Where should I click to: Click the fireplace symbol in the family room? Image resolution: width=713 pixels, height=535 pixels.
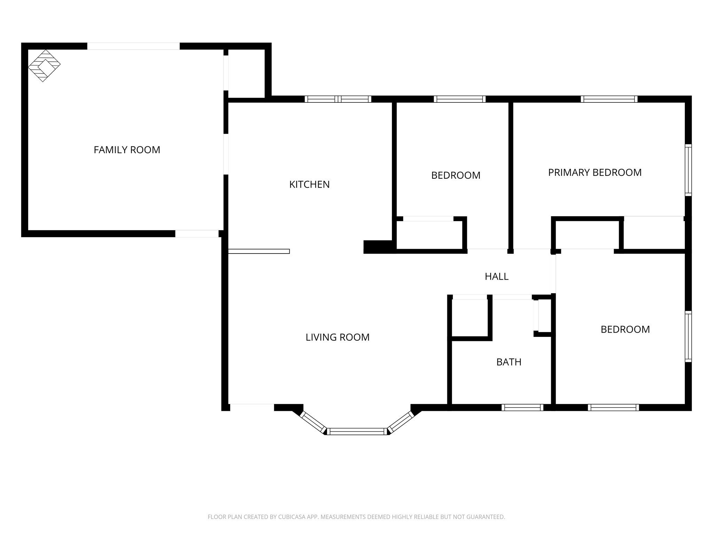point(44,65)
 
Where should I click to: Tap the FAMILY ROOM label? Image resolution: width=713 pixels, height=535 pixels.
point(127,150)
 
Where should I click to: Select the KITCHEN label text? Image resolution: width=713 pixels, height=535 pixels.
point(309,184)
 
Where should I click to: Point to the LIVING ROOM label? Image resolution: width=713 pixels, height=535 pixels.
point(337,337)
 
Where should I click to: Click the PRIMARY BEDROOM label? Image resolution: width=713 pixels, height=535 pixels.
point(595,172)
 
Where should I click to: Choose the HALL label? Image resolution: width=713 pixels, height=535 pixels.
point(496,277)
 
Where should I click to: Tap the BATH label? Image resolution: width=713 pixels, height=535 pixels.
point(509,362)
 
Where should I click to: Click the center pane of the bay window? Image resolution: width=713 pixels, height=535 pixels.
point(357,432)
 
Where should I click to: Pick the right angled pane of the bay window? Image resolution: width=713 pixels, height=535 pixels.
point(401,422)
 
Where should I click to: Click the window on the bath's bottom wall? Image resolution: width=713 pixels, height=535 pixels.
point(522,408)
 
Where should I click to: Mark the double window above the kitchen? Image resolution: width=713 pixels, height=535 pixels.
point(338,99)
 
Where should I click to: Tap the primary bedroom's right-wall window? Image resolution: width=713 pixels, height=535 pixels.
point(688,170)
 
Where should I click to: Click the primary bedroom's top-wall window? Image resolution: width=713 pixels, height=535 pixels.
point(609,99)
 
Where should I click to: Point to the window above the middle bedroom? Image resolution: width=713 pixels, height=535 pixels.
point(460,99)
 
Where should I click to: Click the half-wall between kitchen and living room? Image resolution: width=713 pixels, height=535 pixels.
point(259,251)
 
